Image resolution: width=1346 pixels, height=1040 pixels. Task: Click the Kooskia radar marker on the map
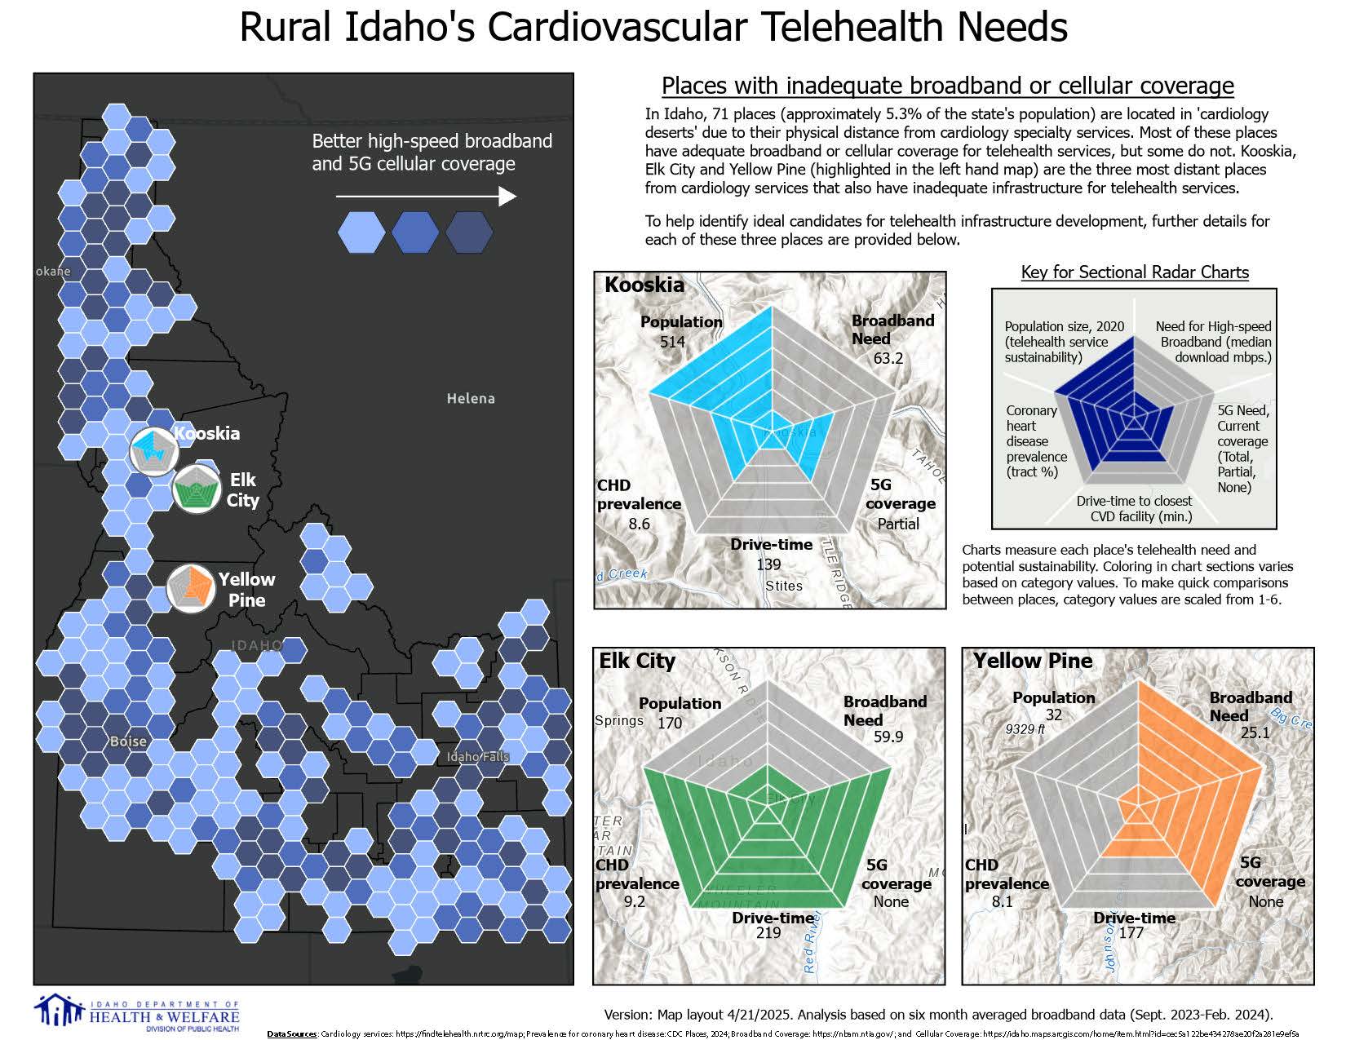coord(154,449)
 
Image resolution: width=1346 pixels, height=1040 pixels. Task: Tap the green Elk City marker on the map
coord(197,489)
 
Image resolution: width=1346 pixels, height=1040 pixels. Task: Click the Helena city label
coord(471,398)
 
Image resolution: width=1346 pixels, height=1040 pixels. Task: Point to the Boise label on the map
coord(128,741)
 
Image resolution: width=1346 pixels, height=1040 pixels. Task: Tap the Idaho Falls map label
coord(478,756)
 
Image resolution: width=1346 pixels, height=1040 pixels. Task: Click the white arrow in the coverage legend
coord(426,197)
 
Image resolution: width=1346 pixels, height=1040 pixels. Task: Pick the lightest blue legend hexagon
coord(361,232)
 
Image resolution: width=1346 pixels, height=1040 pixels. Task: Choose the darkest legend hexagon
coord(469,232)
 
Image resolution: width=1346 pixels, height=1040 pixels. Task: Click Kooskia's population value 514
coord(672,342)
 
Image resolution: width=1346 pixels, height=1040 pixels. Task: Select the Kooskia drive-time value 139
coord(768,564)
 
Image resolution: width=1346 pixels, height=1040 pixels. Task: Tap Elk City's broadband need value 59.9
coord(888,737)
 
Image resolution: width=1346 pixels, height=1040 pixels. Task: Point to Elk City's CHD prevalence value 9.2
coord(634,901)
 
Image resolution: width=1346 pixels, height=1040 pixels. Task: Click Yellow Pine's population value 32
coord(1053,715)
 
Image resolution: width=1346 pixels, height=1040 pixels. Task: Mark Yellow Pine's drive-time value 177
coord(1131,932)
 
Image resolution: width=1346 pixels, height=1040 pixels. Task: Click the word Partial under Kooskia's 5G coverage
coord(898,524)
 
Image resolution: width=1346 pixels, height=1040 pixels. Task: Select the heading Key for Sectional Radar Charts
coord(1135,272)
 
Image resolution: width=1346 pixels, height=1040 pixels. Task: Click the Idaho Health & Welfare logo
coord(137,1012)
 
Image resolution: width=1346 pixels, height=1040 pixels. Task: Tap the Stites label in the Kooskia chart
coord(783,586)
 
